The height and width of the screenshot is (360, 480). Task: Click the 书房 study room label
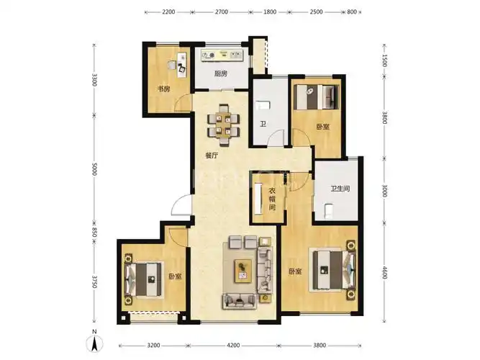click(163, 89)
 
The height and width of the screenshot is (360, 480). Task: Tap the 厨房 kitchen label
click(221, 74)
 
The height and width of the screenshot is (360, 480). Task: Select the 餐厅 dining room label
click(212, 156)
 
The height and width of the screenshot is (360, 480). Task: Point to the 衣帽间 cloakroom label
click(272, 199)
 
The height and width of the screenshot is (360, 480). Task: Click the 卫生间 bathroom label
click(340, 189)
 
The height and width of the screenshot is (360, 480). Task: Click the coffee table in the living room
click(243, 271)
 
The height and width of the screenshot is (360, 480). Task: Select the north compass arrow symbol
click(95, 343)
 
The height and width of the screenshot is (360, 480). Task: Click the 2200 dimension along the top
click(168, 12)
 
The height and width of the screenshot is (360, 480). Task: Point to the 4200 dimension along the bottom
click(233, 346)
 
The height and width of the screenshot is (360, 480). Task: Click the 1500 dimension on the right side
click(385, 60)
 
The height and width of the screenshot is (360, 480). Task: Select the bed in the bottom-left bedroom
click(143, 279)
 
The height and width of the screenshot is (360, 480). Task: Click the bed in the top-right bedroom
click(316, 96)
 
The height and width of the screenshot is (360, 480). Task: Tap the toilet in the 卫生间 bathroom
click(328, 212)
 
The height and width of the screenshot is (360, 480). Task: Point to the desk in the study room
click(182, 65)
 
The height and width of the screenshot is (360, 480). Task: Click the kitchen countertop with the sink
click(222, 55)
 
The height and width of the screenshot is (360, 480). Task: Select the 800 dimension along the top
click(352, 12)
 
